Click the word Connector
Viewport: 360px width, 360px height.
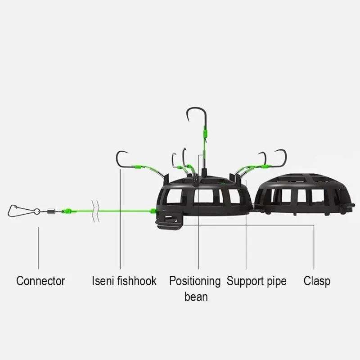[40, 281]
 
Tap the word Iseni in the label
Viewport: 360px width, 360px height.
[102, 281]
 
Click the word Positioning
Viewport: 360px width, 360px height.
[195, 281]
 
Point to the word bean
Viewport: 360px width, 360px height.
[196, 297]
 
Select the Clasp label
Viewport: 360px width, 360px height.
[317, 281]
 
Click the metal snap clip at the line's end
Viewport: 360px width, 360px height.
[20, 209]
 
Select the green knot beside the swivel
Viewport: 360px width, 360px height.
[66, 210]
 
